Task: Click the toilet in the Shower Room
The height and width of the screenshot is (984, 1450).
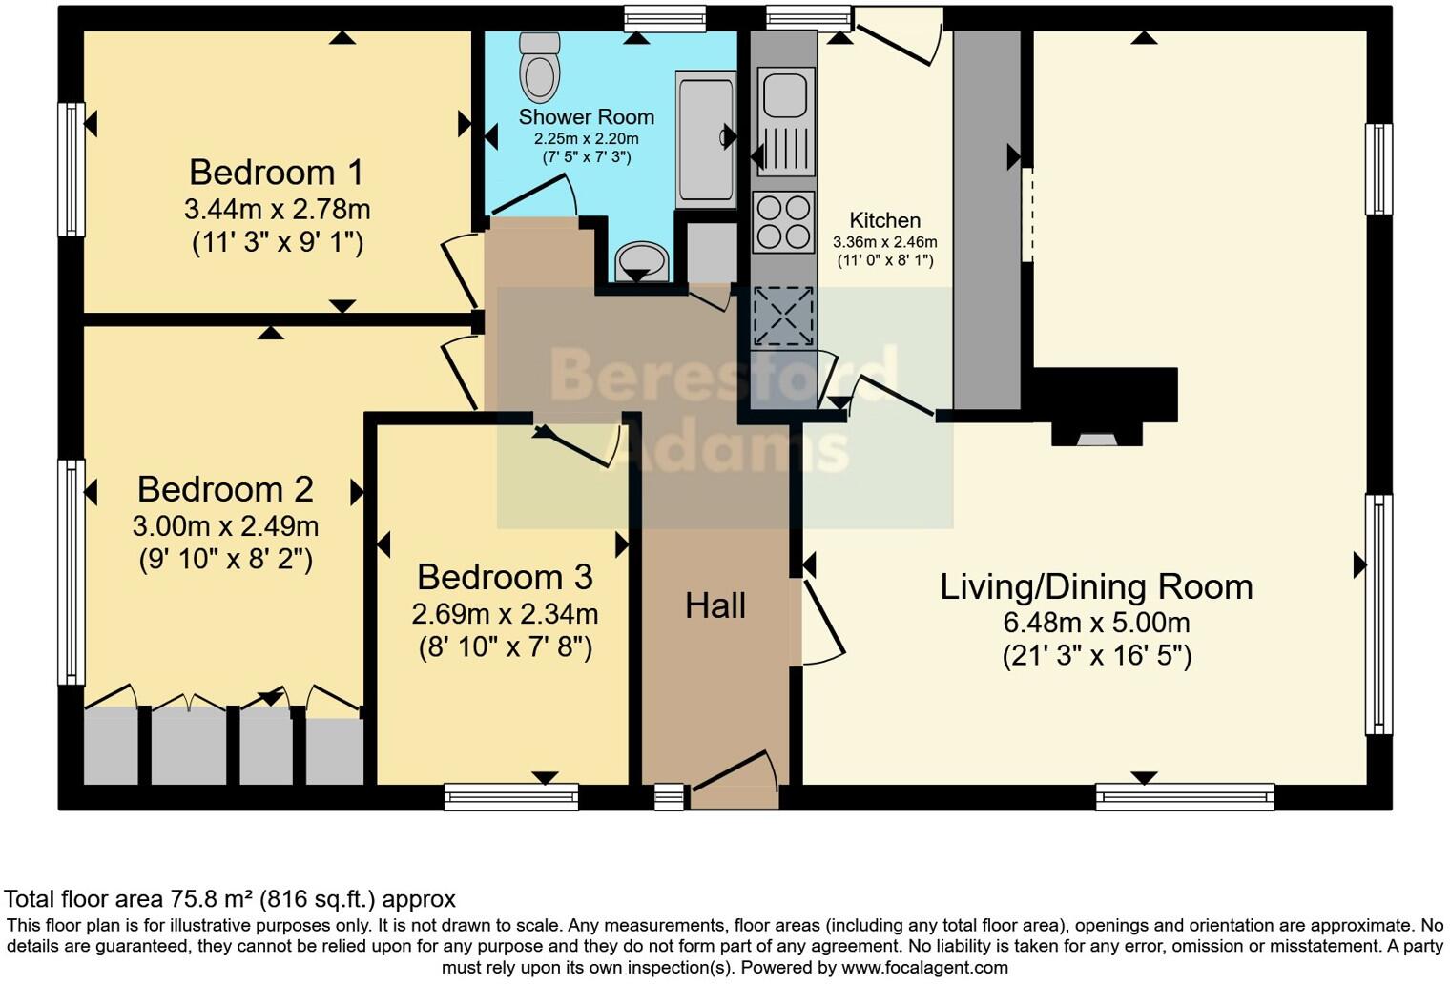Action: click(x=540, y=68)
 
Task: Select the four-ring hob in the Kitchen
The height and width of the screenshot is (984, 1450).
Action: click(x=783, y=222)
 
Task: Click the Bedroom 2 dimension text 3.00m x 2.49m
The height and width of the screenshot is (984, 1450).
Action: click(x=225, y=526)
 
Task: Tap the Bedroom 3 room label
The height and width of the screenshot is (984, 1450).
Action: click(x=505, y=577)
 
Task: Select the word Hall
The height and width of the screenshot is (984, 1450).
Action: click(x=715, y=606)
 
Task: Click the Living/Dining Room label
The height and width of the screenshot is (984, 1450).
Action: click(x=1097, y=586)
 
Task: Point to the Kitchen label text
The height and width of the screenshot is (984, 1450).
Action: click(x=885, y=220)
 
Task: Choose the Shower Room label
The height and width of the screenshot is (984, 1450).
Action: click(x=587, y=116)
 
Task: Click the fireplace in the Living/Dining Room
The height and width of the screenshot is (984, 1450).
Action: click(x=1105, y=407)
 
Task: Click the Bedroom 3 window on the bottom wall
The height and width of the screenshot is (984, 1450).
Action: click(x=511, y=796)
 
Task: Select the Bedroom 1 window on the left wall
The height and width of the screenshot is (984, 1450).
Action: click(x=72, y=170)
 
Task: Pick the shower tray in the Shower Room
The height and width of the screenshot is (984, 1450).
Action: click(x=706, y=140)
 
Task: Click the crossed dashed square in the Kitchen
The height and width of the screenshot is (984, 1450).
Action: click(x=784, y=317)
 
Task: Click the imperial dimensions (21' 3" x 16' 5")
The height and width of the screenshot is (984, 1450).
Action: click(x=1097, y=656)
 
